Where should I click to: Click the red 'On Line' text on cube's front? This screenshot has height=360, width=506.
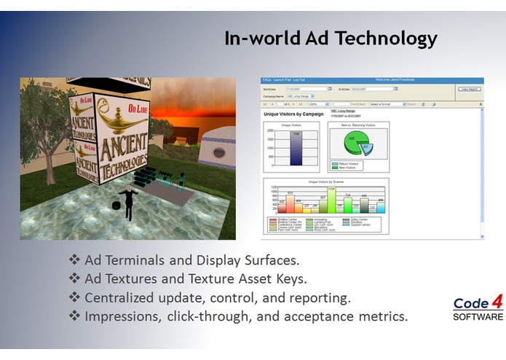135,107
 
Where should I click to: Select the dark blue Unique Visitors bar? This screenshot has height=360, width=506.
296,148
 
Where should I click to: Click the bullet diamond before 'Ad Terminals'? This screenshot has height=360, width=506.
74,260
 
